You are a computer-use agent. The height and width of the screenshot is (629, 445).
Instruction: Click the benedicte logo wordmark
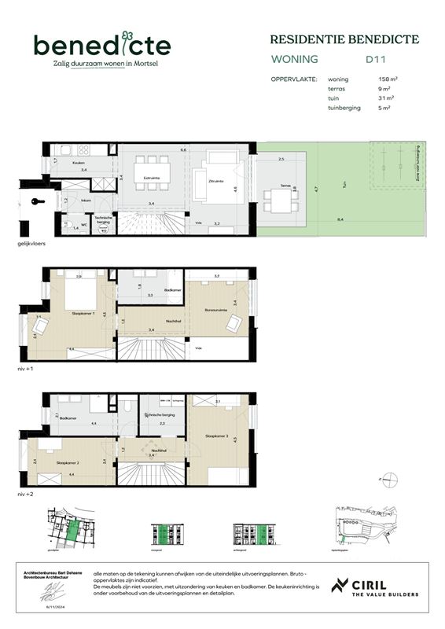(101, 45)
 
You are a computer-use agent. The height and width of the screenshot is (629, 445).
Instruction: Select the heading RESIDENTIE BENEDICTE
(344, 39)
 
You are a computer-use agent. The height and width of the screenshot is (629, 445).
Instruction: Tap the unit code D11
(374, 59)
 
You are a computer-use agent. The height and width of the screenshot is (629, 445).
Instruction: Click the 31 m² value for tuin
(384, 98)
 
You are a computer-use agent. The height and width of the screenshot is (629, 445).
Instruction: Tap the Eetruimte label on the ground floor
(152, 178)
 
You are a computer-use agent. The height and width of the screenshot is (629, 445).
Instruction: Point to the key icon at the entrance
(35, 202)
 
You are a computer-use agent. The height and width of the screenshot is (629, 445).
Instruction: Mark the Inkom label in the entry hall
(86, 200)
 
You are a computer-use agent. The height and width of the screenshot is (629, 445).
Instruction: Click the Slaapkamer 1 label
(82, 313)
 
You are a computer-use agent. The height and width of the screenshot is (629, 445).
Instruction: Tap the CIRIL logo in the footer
(375, 587)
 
